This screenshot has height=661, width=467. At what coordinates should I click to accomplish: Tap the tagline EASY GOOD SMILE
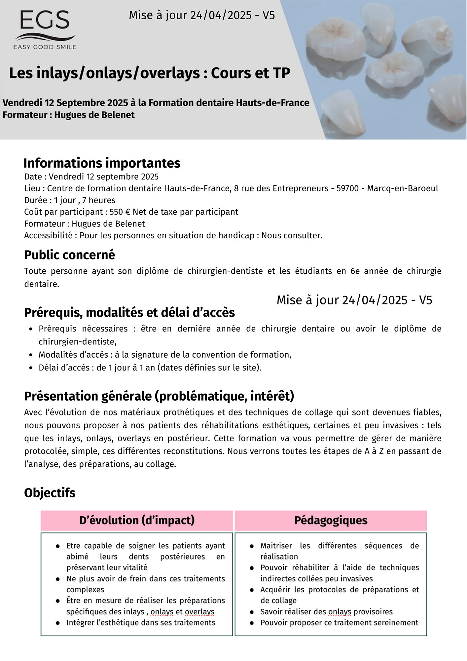(x=45, y=47)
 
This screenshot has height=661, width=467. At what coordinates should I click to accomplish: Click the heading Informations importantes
(x=102, y=163)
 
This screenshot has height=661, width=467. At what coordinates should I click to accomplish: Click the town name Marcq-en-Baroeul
(x=403, y=188)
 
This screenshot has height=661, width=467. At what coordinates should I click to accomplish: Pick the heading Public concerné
(x=70, y=255)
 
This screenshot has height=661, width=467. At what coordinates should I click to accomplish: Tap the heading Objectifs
(x=50, y=493)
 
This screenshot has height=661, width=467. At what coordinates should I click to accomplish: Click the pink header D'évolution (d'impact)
(x=137, y=521)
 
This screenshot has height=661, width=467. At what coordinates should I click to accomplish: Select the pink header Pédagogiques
(x=331, y=521)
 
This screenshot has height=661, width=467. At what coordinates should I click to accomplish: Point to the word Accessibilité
(x=48, y=236)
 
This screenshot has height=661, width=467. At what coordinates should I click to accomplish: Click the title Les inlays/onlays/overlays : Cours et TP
(x=150, y=73)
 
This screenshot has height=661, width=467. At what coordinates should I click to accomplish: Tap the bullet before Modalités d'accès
(x=31, y=355)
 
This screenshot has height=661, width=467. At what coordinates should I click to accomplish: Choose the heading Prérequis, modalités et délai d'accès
(x=129, y=313)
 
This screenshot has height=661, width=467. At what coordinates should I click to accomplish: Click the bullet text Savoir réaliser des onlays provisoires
(x=326, y=612)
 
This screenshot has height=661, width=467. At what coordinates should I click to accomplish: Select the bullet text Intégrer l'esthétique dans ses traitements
(x=141, y=623)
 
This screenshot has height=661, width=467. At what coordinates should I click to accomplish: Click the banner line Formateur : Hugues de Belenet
(x=69, y=115)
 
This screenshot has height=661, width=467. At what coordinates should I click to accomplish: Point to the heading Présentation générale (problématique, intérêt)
(x=159, y=396)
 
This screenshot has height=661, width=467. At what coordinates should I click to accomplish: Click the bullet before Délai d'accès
(x=31, y=368)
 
